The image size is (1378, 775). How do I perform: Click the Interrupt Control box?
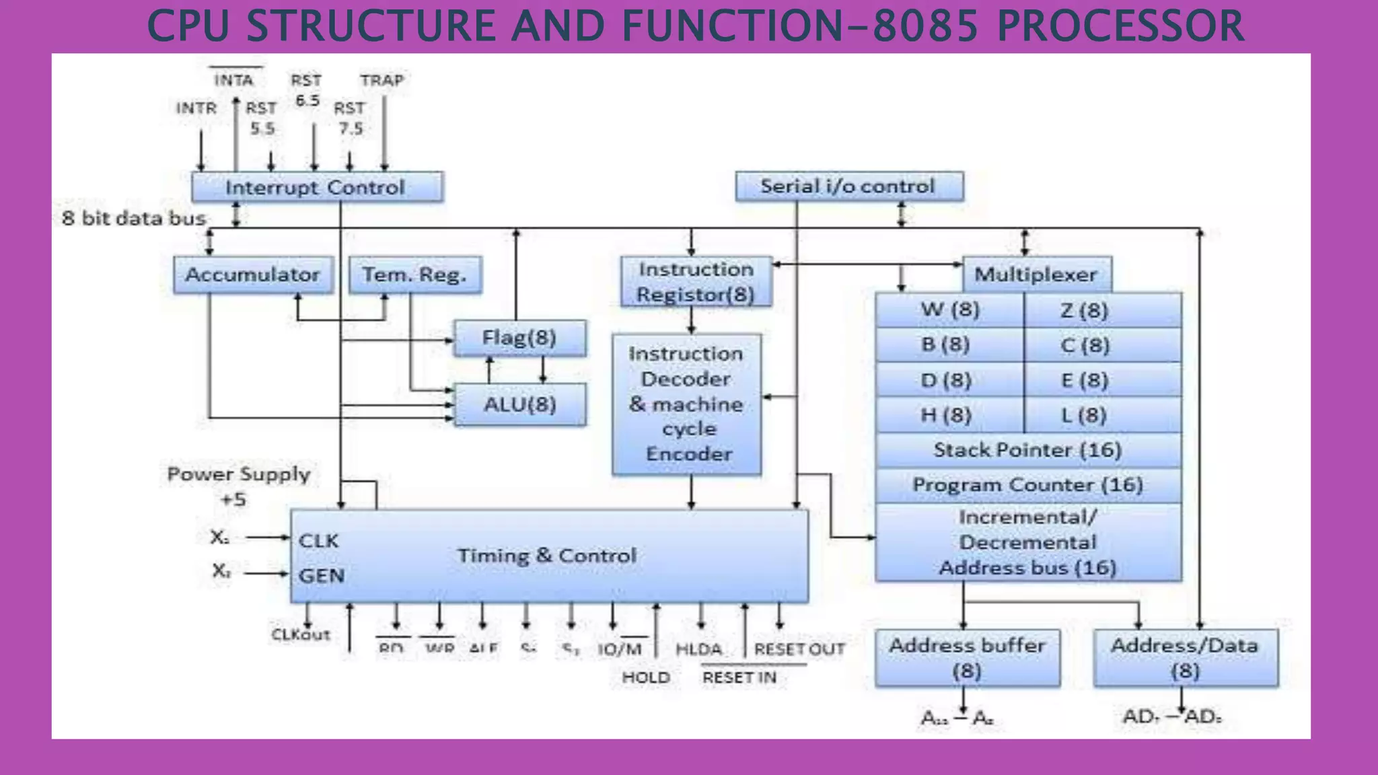tap(317, 187)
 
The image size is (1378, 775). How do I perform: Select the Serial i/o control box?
tap(849, 186)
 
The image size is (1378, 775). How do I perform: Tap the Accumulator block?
tap(253, 274)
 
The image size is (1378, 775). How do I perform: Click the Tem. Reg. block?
tap(415, 274)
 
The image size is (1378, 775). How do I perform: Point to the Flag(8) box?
tap(519, 338)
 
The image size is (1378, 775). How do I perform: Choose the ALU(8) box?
tap(519, 404)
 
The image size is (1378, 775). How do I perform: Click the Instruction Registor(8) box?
tap(696, 282)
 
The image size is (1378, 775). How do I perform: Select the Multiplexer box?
tap(1036, 274)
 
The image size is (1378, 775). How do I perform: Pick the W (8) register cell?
tap(949, 310)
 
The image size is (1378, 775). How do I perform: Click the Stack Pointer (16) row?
tap(1027, 450)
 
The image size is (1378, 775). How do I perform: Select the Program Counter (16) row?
tap(1027, 485)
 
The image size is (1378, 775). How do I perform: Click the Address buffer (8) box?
tap(967, 658)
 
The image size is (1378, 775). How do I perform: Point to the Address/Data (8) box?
tap(1185, 658)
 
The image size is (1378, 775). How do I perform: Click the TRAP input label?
tap(382, 80)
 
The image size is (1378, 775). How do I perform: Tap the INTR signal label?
tap(196, 108)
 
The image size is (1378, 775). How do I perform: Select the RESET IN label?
tap(739, 677)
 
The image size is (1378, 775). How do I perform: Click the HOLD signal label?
tap(646, 677)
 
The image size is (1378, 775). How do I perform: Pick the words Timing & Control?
tap(547, 556)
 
